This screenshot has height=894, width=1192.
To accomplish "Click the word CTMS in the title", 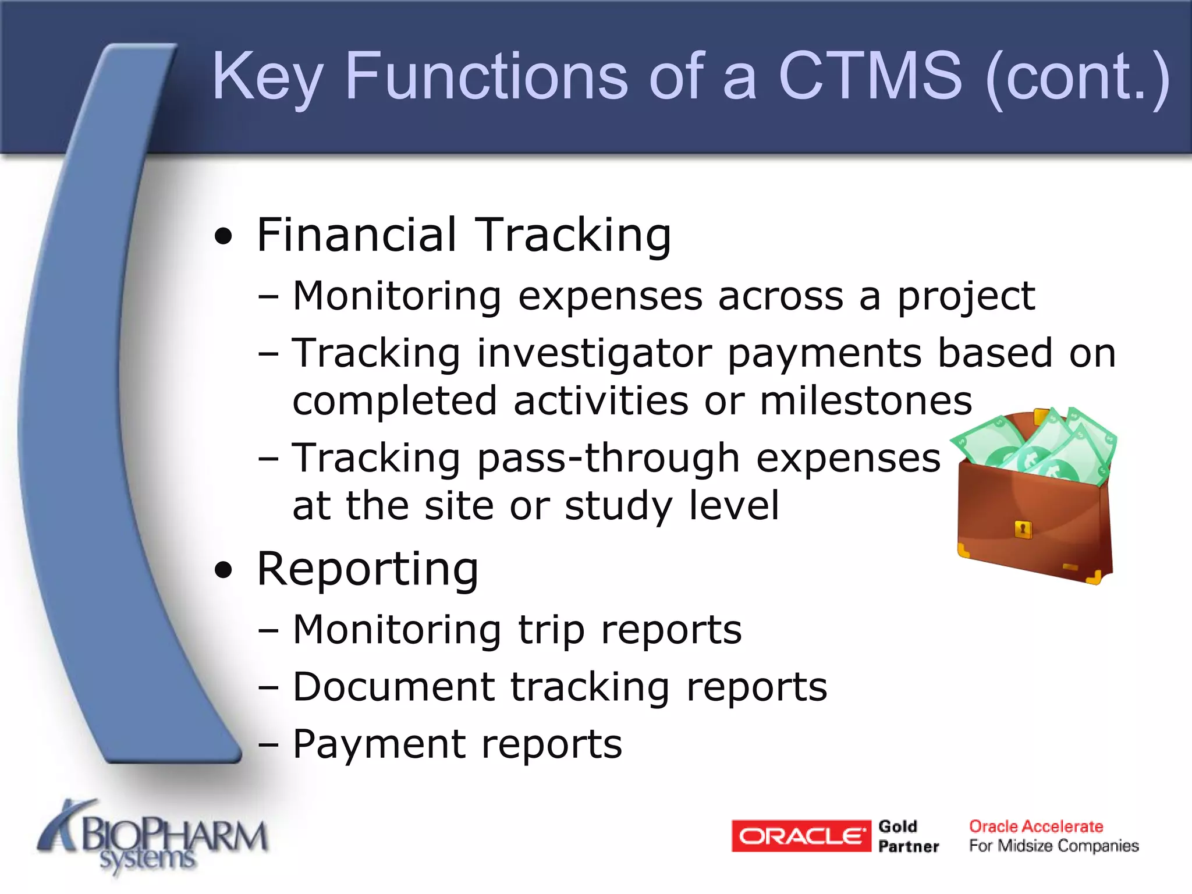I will tap(870, 76).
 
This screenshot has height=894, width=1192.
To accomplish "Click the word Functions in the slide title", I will tap(486, 76).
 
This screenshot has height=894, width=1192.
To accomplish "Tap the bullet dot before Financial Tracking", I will tap(223, 237).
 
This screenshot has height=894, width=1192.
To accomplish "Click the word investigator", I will tap(594, 354).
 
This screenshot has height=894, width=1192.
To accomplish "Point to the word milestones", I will tap(865, 402).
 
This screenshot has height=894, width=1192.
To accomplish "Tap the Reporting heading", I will tap(367, 569).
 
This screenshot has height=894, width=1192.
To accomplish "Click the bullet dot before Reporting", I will tap(223, 570).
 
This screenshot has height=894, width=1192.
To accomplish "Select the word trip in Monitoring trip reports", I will tap(551, 631).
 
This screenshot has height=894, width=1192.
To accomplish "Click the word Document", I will tap(393, 687).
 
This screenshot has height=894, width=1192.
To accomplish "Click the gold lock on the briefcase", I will tap(1023, 530).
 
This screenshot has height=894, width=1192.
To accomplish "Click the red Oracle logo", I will tap(801, 836).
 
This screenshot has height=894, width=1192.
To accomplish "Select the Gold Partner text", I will tap(908, 836).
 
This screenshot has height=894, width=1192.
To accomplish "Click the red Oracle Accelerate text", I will tap(1035, 826).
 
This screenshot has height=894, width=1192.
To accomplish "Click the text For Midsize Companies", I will tap(1053, 846).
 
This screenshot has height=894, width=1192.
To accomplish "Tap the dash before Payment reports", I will tap(268, 746).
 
